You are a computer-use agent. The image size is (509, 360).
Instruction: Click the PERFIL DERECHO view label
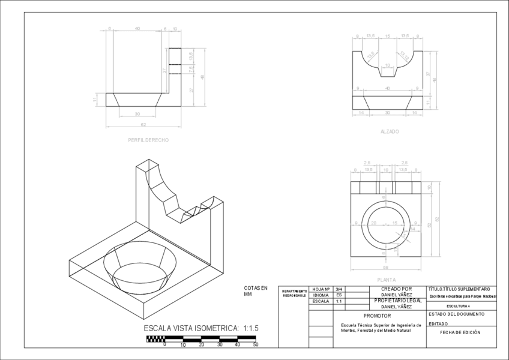point(148,140)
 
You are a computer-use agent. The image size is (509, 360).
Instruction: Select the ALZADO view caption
point(390,131)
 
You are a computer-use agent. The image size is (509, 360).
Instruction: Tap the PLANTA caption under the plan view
point(386,280)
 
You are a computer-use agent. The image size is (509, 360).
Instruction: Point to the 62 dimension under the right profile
point(143,125)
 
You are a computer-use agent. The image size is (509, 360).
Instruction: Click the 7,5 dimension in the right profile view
point(191,68)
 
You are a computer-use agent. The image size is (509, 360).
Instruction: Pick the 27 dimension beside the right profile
point(191,91)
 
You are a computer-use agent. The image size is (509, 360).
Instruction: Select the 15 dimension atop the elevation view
point(387,37)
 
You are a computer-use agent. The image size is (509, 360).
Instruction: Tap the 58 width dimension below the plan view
point(386,267)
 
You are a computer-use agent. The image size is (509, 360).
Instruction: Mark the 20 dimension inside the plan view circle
point(373,223)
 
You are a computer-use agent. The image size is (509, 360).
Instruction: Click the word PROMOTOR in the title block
point(377,316)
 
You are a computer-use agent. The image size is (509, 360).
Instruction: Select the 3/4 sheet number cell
point(339,289)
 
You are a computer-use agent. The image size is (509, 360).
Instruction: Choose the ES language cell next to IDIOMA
point(339,295)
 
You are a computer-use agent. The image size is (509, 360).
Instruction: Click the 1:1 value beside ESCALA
point(339,301)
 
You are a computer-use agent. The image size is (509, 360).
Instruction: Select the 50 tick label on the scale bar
point(256,345)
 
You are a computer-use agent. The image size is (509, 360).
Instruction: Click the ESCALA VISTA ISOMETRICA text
point(200,328)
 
